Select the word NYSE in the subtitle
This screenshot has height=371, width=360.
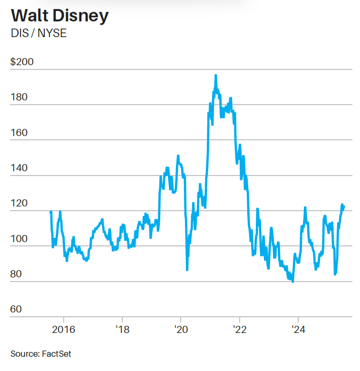[x=51, y=34]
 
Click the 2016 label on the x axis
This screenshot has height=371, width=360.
[x=63, y=329]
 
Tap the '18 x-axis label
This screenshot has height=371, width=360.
[x=122, y=329]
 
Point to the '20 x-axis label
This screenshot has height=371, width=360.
[x=181, y=329]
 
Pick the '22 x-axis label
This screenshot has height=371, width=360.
[x=240, y=329]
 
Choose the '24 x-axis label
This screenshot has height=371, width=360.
[x=298, y=329]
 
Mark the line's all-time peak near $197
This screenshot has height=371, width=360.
[x=216, y=75]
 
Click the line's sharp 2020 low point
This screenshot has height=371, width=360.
[x=187, y=270]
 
